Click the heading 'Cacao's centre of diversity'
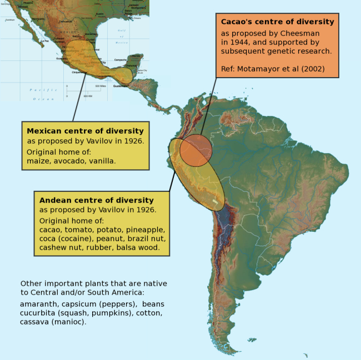coord(277,22)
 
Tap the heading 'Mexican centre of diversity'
coord(85,131)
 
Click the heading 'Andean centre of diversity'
coord(97,200)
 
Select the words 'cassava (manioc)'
coord(53,322)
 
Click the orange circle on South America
coord(196,151)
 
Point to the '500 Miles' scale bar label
coord(101,87)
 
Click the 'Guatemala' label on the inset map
coord(121,86)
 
